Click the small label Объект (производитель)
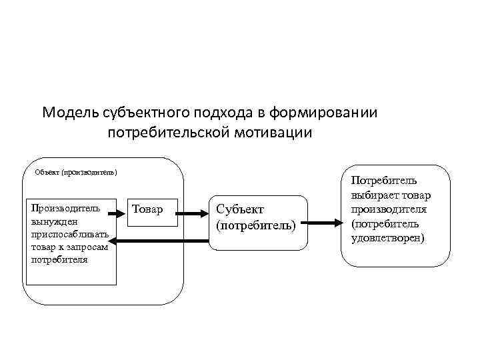point(76,173)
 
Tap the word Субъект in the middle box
point(240,210)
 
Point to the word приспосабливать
point(69,234)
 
